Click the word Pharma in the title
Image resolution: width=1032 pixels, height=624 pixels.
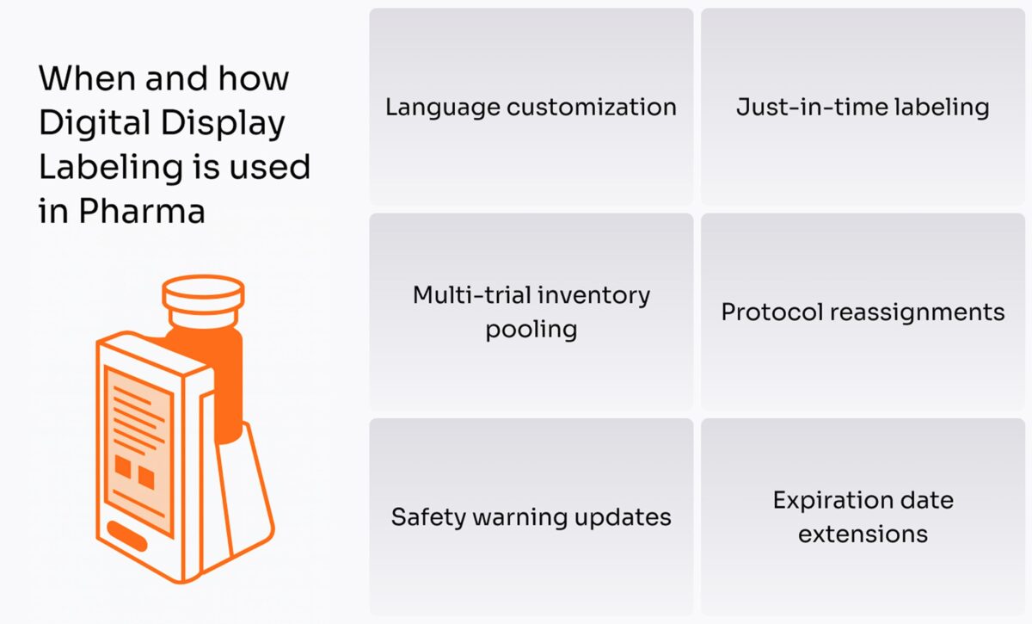pyautogui.click(x=142, y=211)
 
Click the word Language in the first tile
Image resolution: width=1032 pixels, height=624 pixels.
pyautogui.click(x=442, y=108)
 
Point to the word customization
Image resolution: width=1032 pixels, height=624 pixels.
pyautogui.click(x=591, y=108)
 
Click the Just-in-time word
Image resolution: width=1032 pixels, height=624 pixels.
pyautogui.click(x=805, y=108)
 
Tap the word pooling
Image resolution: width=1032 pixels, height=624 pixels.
pyautogui.click(x=531, y=330)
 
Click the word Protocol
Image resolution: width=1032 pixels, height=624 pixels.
pyautogui.click(x=770, y=312)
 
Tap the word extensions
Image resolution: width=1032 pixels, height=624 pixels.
pyautogui.click(x=863, y=534)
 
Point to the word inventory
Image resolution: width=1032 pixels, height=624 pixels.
pyautogui.click(x=594, y=295)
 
